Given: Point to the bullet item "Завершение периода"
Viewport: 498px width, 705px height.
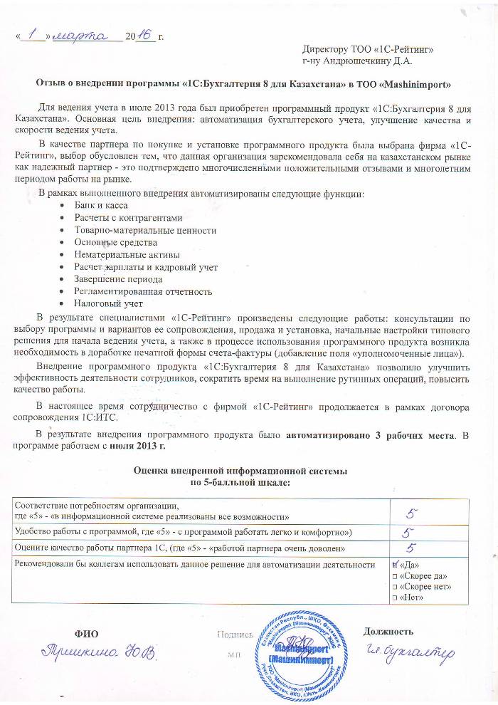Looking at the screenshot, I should coord(114,279).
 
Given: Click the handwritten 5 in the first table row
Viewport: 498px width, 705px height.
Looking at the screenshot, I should coord(411,511).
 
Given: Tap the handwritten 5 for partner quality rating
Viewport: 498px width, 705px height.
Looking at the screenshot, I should coord(411,548).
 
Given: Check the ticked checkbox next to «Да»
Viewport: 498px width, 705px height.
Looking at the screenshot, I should coord(396,565).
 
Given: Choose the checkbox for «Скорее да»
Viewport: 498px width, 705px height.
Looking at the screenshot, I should coord(395,575).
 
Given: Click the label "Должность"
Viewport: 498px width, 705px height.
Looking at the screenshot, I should coord(388,632).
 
